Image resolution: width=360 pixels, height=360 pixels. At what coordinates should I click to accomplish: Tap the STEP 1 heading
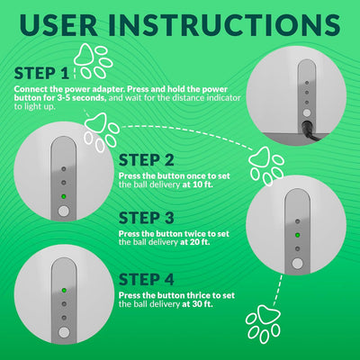(41, 74)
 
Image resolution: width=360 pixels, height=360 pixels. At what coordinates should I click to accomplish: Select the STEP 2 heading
(147, 160)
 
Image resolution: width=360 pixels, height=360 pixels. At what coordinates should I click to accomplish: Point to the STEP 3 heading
(147, 218)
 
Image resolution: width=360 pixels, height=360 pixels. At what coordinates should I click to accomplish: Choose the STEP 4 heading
(147, 280)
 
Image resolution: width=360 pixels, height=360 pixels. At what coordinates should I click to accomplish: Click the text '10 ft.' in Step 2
(202, 184)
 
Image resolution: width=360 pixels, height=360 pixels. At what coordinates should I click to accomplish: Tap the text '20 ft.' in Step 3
(200, 242)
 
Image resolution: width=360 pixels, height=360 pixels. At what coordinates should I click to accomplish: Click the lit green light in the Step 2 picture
(64, 196)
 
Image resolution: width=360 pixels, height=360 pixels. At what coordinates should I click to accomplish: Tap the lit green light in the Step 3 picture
(298, 235)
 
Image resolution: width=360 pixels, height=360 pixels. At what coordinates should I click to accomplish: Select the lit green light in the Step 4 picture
(64, 291)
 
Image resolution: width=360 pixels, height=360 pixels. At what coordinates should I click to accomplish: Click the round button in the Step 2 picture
(64, 211)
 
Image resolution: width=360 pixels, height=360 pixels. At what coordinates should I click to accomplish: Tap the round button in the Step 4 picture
(64, 333)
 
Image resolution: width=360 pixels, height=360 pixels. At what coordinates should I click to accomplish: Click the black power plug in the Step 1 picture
(309, 131)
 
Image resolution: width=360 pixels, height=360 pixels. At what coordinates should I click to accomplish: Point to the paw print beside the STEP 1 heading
(93, 61)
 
